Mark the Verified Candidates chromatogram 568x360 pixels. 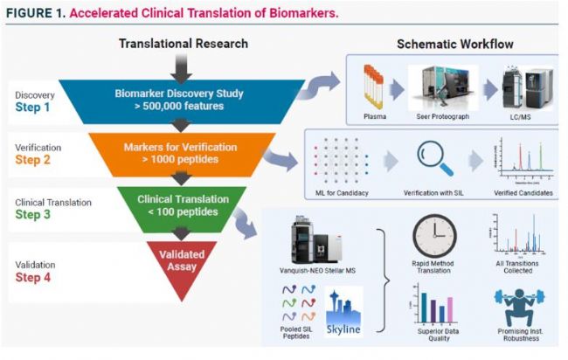click(521, 154)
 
